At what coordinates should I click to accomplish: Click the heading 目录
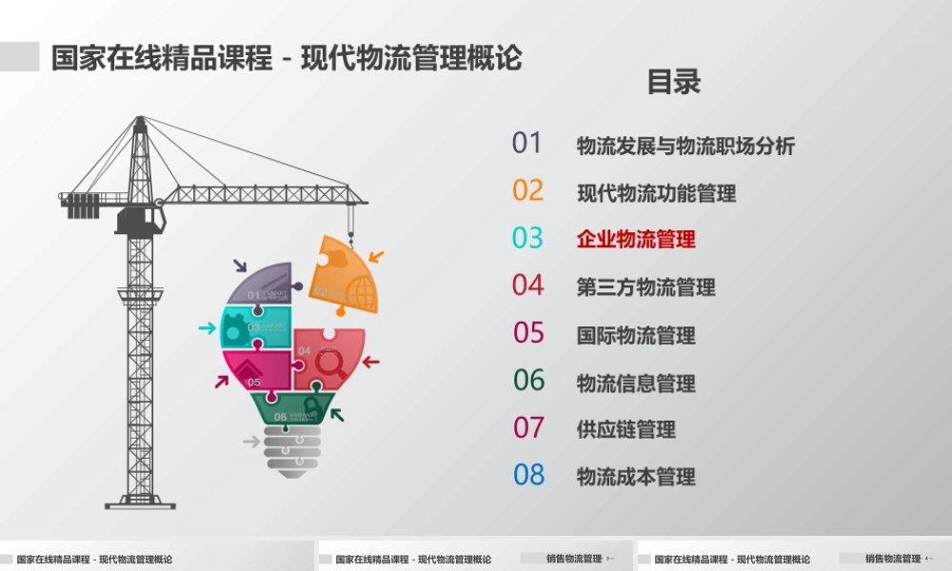point(673,82)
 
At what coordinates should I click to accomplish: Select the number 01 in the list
point(526,144)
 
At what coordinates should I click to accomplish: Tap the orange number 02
point(527,191)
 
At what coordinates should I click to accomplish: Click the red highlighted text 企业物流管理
point(636,240)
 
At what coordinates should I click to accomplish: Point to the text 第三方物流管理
point(645,287)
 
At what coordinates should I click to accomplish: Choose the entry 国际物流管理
point(636,335)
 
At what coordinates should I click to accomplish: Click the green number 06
point(529,381)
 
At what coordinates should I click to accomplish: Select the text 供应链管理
point(625,429)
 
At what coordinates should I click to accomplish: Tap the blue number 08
point(529,475)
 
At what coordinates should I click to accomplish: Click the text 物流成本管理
point(636,477)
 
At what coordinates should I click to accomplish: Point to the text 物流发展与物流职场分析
point(685,146)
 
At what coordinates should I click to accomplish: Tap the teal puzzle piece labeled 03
point(254,326)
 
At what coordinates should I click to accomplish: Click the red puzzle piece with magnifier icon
point(328,359)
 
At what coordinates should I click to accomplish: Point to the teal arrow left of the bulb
point(207,328)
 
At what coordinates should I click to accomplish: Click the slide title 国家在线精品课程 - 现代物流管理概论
point(287,57)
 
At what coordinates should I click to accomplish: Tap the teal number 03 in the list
point(527,238)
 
